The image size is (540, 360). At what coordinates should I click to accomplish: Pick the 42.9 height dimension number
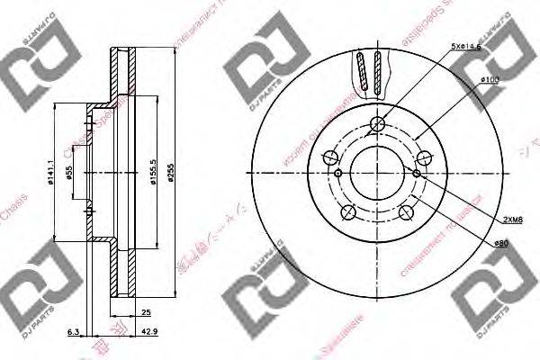147,334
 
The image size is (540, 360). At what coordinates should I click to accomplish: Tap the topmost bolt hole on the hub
377,124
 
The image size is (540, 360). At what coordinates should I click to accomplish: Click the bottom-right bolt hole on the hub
407,212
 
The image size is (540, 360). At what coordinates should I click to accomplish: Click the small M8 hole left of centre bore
337,174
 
